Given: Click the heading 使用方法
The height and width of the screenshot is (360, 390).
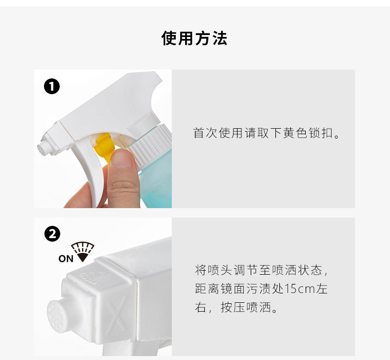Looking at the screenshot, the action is tap(194, 38).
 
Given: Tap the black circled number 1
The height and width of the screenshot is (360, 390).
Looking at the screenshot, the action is tap(52, 87).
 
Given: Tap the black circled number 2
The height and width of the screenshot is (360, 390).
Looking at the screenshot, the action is tap(52, 234).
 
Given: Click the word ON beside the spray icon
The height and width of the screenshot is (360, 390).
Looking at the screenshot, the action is tap(66, 258).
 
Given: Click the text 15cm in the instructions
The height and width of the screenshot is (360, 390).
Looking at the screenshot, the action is tap(300, 288).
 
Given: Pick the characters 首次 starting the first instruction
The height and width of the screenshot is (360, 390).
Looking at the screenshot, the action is tap(205, 133).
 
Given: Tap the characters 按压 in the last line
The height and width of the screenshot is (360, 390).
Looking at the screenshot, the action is tap(233, 307).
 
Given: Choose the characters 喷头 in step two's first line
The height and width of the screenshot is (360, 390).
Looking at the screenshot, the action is tap(220, 270).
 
